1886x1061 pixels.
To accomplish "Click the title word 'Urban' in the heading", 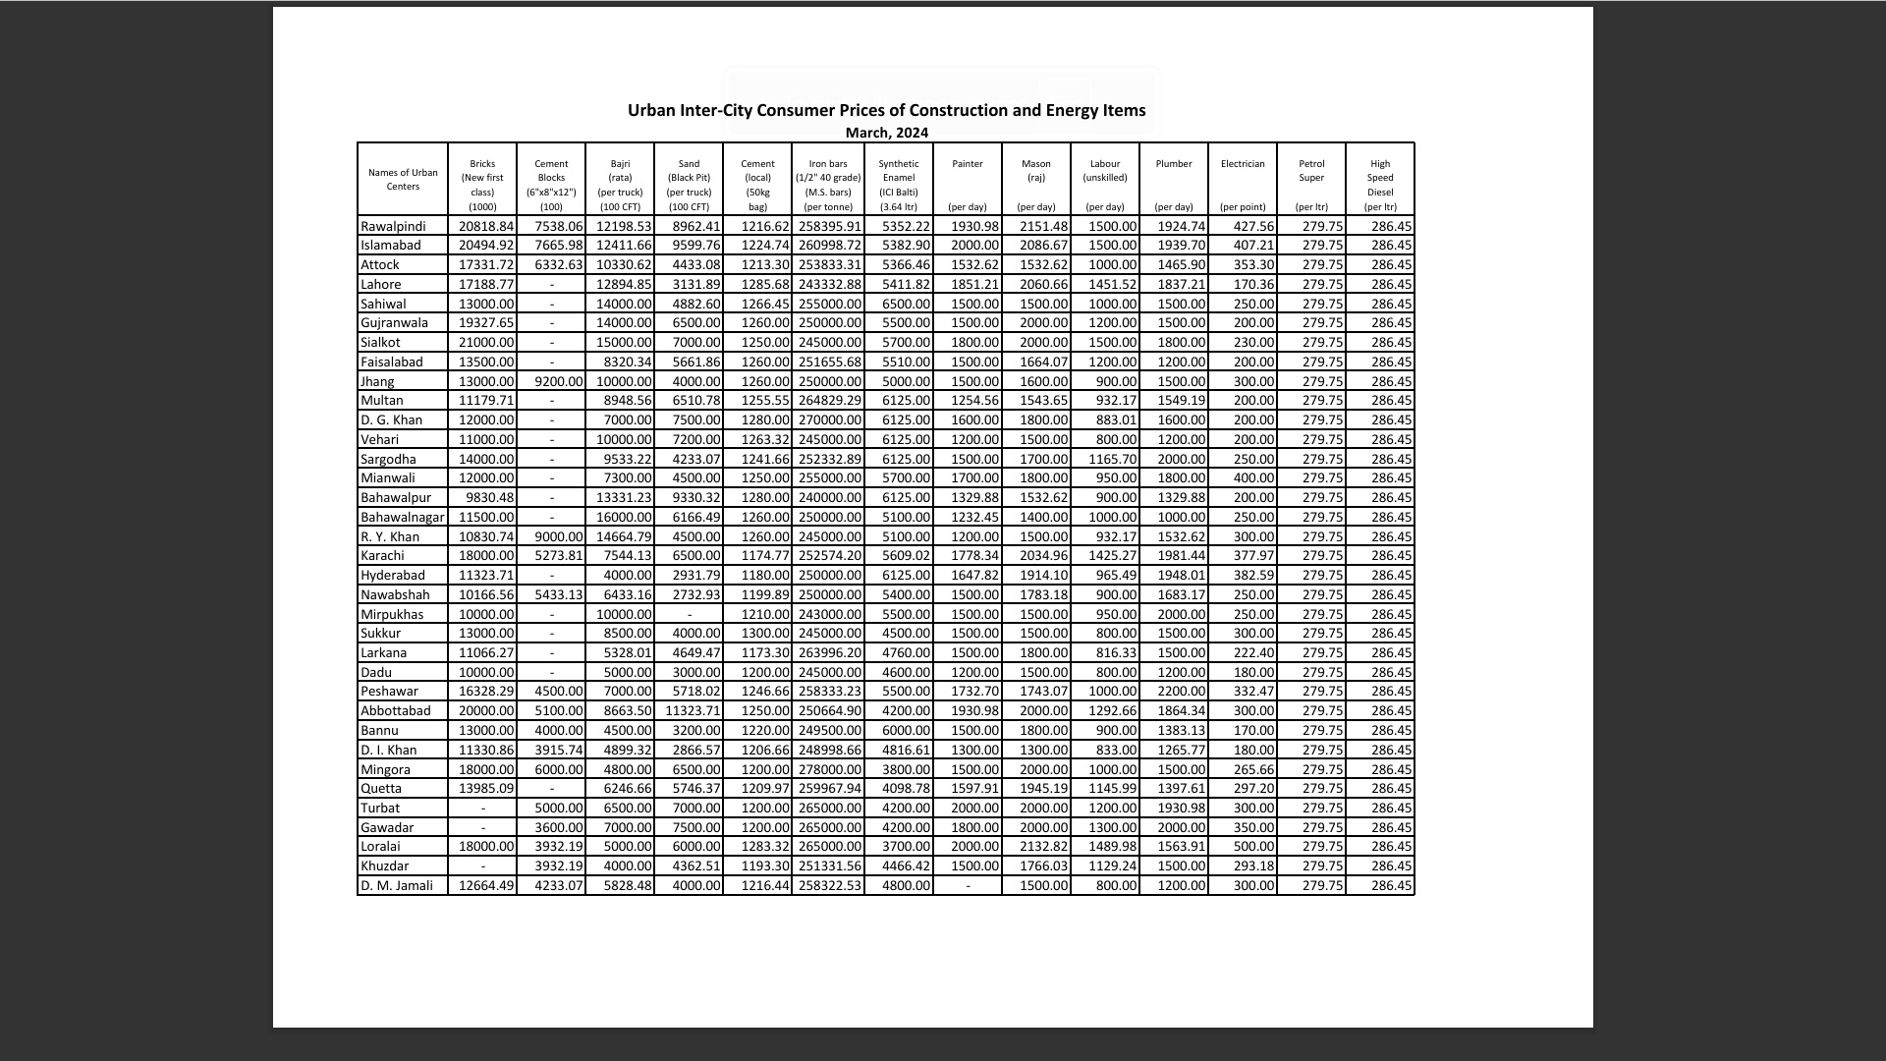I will (651, 110).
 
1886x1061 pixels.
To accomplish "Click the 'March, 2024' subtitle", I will (886, 133).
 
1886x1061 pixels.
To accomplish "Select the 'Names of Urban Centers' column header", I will (403, 180).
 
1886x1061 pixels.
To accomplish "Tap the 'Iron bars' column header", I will (828, 164).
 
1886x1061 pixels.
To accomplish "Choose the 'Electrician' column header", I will (1243, 164).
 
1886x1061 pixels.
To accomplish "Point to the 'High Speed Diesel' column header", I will (1380, 178).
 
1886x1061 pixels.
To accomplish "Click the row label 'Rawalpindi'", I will (393, 227).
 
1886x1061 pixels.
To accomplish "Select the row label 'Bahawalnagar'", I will (402, 518).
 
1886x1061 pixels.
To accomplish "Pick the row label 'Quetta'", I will (381, 789).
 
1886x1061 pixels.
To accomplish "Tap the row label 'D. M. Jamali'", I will (397, 886).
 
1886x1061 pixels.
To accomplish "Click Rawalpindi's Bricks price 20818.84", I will (486, 227).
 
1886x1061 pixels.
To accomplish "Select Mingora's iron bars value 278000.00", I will (830, 770).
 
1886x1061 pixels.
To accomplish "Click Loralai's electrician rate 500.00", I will (1254, 847).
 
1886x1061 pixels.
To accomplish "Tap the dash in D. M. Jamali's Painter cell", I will (968, 886).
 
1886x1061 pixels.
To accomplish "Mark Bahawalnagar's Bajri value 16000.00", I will (624, 518).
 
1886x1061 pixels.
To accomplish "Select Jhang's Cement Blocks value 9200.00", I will (558, 382).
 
